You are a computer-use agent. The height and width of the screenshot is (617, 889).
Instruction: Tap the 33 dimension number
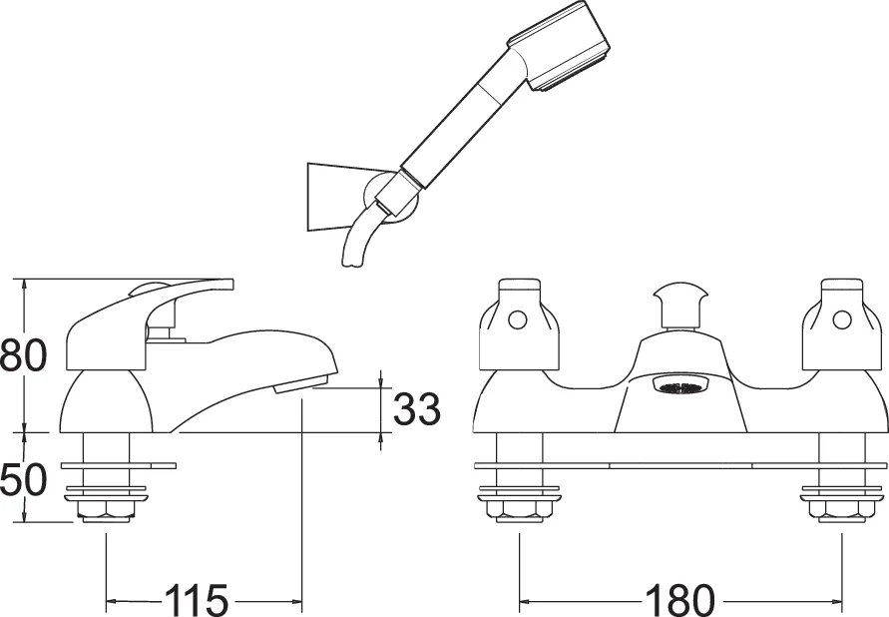click(x=415, y=409)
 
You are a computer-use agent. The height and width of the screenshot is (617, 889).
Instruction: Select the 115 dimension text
click(x=197, y=601)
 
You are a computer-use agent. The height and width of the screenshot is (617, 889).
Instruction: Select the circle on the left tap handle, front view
click(x=516, y=319)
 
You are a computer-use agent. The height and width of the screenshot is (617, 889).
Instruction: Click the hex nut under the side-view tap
click(x=106, y=512)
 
